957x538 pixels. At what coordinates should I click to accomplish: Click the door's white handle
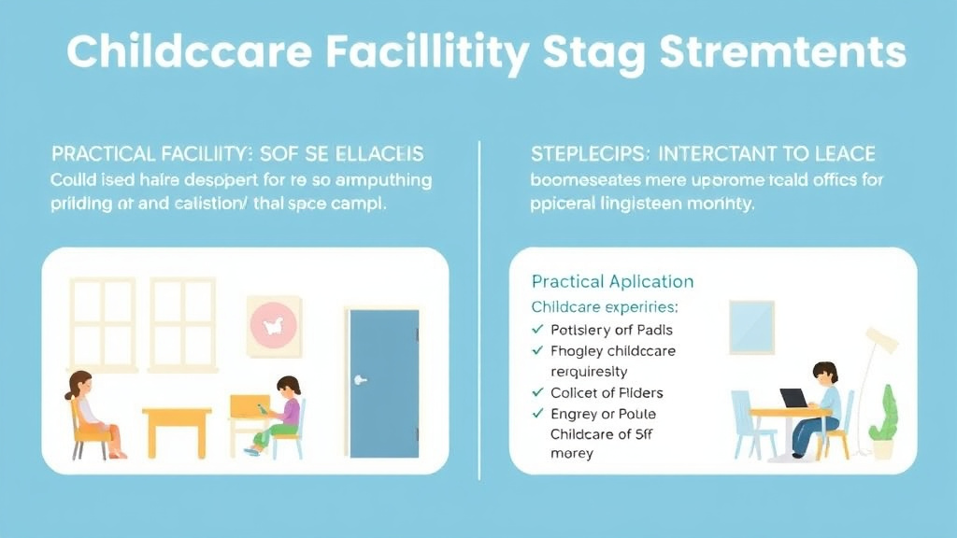click(360, 380)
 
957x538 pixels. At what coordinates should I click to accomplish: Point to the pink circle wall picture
click(273, 325)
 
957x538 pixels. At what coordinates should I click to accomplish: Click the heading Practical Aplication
click(612, 281)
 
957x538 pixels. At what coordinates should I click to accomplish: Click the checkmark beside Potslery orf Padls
click(537, 330)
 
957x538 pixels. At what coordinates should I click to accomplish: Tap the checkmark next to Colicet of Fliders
click(537, 393)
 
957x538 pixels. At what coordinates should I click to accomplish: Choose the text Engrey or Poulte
click(604, 414)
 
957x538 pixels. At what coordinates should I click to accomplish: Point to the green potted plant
click(882, 425)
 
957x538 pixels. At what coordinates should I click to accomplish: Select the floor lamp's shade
click(881, 340)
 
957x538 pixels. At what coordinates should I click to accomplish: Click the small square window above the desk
click(751, 327)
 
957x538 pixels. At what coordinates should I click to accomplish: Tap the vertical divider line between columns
click(478, 308)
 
